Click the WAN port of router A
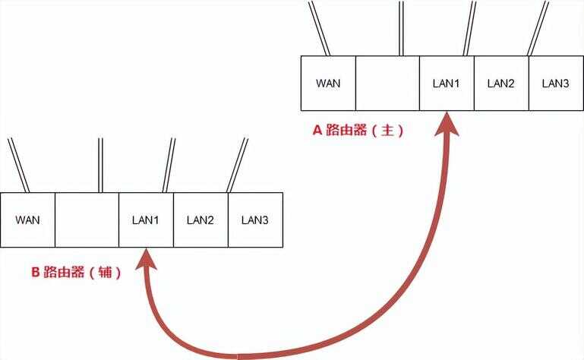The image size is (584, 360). click(x=328, y=83)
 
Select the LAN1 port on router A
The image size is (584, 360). click(x=447, y=83)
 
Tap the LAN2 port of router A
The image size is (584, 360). click(x=501, y=83)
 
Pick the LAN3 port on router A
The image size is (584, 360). click(x=556, y=83)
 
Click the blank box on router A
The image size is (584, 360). click(x=387, y=83)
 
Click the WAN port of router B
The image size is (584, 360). click(x=27, y=220)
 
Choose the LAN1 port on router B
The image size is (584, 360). click(x=146, y=220)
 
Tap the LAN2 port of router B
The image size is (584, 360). click(x=200, y=220)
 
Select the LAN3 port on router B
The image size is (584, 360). click(x=255, y=220)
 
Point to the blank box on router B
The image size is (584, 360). click(x=87, y=220)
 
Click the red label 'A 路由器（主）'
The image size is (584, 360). click(x=358, y=130)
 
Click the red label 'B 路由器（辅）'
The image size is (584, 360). click(x=77, y=272)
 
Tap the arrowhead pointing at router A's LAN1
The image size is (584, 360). click(x=447, y=124)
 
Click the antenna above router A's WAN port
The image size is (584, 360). click(x=319, y=28)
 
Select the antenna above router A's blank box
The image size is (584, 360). click(x=401, y=28)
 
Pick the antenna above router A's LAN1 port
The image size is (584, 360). click(x=469, y=28)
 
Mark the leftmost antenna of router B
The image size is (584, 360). click(x=18, y=166)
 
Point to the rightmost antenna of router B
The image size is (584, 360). click(x=237, y=166)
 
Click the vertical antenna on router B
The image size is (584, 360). click(x=100, y=166)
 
